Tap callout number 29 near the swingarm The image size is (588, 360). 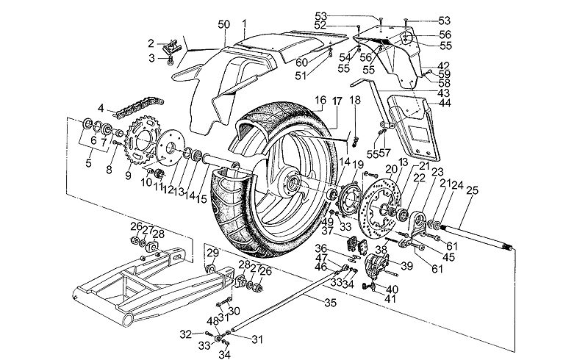coord(211,253)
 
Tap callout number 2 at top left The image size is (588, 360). coord(151,43)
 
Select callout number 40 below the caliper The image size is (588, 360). coord(393,289)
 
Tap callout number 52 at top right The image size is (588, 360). coord(340,25)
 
